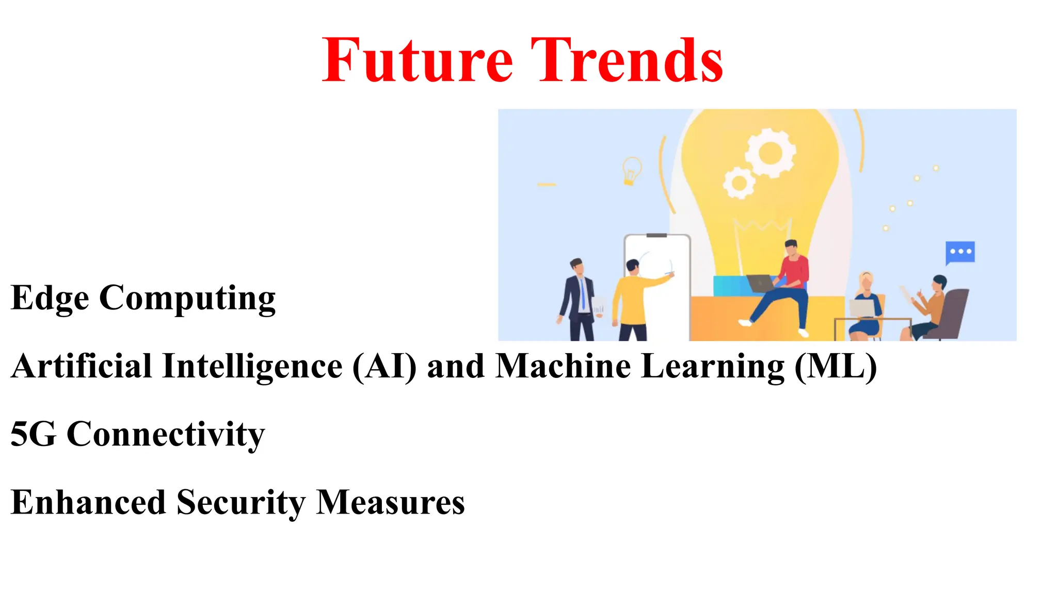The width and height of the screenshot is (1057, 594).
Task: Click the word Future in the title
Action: point(417,61)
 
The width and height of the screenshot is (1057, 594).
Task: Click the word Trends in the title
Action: point(627,61)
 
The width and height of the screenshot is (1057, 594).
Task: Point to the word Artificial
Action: point(82,367)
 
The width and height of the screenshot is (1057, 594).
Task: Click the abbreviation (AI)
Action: point(384,367)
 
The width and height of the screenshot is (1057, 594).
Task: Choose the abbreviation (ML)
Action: point(836,367)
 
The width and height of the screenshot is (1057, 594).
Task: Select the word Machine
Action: point(563,367)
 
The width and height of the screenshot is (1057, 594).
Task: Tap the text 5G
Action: point(33,434)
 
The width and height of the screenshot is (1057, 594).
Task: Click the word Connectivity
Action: point(166,434)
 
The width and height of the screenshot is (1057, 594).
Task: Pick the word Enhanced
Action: point(88,502)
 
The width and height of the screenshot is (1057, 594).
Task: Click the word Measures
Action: point(390,502)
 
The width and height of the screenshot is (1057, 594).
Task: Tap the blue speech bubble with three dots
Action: point(960,252)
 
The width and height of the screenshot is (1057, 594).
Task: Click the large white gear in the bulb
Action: point(770,153)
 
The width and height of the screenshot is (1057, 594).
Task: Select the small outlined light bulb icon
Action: point(631,170)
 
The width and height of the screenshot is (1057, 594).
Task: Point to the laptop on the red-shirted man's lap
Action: point(761,283)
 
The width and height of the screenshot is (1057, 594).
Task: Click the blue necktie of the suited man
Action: point(583,294)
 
